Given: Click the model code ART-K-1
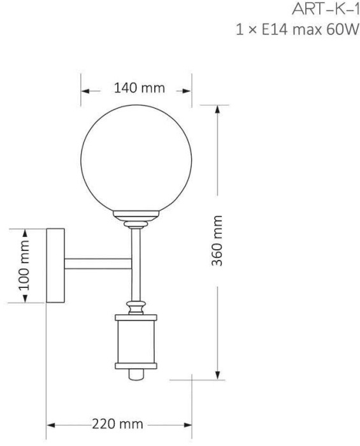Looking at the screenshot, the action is tap(326, 10).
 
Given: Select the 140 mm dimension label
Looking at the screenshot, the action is tap(140, 88).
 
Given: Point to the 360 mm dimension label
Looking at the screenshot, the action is tap(217, 241).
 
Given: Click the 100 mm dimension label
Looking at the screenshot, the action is tap(24, 265).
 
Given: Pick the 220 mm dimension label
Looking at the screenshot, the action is tap(117, 424).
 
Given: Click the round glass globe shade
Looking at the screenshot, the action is tap(136, 160).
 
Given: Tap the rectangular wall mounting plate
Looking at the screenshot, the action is tap(55, 265).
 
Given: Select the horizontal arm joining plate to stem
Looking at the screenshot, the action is tap(98, 264).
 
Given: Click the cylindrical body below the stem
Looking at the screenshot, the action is tap(136, 342).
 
